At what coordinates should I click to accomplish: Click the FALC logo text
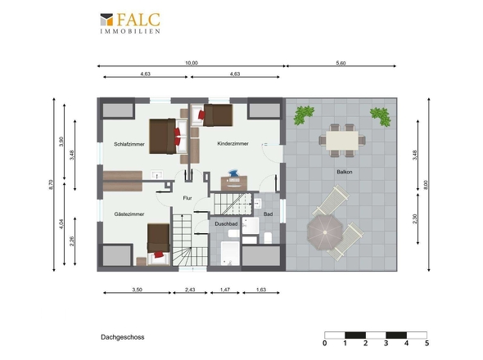[138, 20]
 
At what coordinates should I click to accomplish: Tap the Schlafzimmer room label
[129, 144]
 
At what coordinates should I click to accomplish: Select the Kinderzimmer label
[232, 143]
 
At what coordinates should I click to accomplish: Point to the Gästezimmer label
[129, 214]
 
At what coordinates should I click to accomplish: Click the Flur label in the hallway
[187, 198]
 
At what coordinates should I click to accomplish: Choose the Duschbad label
[226, 224]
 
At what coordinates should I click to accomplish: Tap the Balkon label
[345, 172]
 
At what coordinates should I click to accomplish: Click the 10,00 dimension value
[192, 63]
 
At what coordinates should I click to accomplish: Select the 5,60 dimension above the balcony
[341, 63]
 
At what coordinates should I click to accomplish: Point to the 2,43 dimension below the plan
[190, 290]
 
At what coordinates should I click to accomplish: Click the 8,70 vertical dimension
[51, 185]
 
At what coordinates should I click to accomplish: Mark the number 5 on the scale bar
[427, 343]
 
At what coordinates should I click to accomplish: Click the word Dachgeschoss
[123, 337]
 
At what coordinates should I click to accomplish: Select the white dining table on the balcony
[342, 141]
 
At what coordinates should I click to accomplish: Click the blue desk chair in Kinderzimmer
[233, 173]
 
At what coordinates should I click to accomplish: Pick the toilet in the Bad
[268, 238]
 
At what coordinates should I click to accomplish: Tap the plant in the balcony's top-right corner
[381, 116]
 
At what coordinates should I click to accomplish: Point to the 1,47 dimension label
[225, 290]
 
